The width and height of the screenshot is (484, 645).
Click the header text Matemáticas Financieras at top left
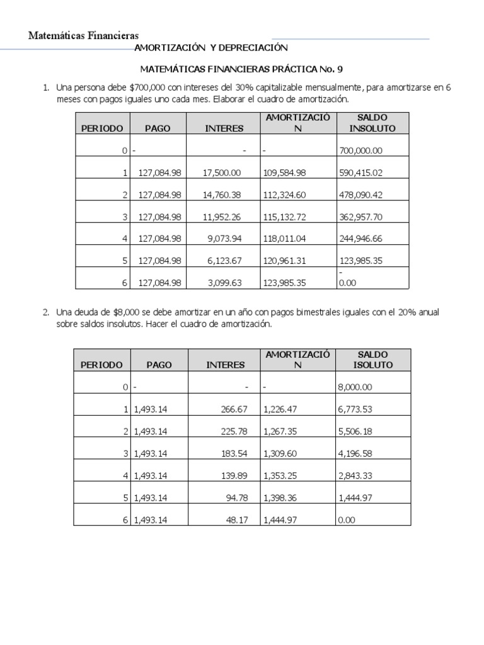(x=83, y=36)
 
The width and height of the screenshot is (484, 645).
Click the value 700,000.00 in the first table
(x=360, y=151)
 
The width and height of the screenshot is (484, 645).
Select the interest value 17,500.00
(x=222, y=173)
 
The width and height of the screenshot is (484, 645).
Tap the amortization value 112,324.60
(x=283, y=195)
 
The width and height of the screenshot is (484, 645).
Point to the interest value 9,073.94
(x=225, y=239)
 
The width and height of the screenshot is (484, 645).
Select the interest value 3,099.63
(x=225, y=283)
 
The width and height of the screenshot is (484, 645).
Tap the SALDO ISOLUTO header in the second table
(x=372, y=360)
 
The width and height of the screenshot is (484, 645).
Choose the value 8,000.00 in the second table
(x=355, y=387)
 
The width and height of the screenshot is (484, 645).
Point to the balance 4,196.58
(x=355, y=454)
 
